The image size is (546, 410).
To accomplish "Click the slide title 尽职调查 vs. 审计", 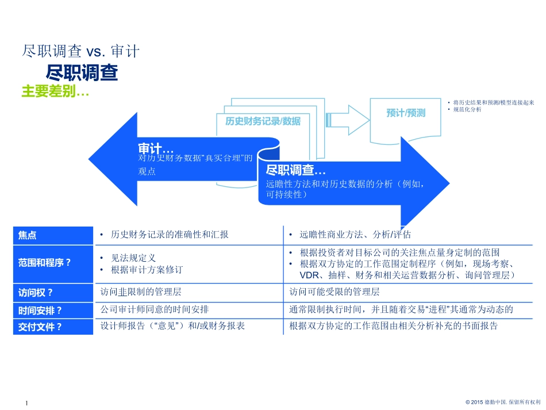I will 80,52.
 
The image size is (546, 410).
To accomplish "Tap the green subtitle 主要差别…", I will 55,91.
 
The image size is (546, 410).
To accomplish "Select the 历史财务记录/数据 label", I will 263,121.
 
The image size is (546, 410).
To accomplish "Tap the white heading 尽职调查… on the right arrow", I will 295,170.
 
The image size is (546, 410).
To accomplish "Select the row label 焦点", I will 28,235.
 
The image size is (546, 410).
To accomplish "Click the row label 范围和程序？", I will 45,263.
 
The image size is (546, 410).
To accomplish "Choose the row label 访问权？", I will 36,292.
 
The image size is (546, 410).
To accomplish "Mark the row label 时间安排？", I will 40,310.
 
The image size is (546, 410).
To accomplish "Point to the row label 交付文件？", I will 40,327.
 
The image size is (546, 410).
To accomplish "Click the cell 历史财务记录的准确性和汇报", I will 170,235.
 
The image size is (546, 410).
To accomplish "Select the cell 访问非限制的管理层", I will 141,292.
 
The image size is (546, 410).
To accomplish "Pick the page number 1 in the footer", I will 27,404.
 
